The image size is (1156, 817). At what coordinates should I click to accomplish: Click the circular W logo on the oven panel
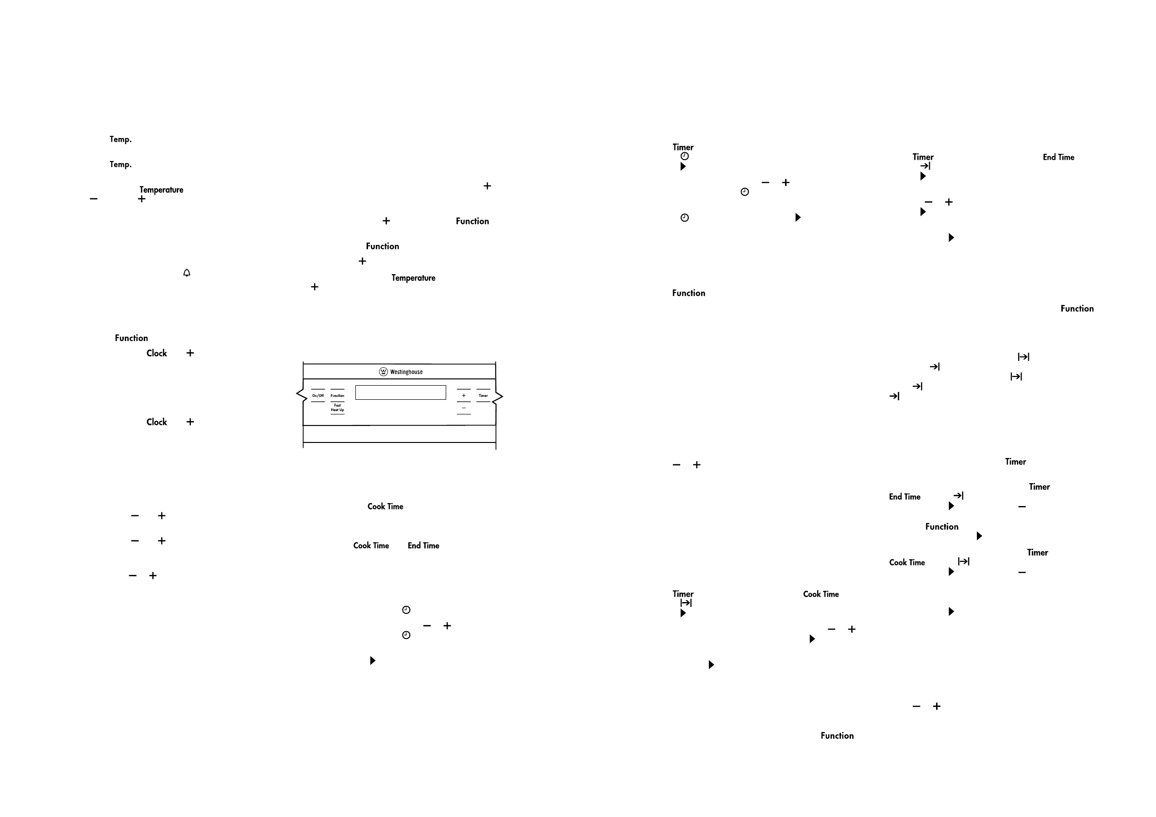[383, 372]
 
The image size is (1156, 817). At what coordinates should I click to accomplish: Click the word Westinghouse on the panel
[406, 372]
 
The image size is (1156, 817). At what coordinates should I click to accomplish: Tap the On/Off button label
[318, 395]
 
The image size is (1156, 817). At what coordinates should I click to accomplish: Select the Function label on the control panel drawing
[337, 395]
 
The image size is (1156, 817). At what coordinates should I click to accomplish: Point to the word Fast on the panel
[337, 405]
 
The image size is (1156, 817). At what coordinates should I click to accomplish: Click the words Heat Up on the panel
[337, 410]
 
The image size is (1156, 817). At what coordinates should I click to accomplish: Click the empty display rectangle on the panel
[400, 392]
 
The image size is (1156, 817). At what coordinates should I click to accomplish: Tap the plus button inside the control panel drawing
[464, 395]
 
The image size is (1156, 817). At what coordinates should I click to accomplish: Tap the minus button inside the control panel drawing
[464, 408]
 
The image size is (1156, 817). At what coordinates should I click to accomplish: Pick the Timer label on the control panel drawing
[484, 395]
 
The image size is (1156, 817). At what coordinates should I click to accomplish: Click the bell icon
[187, 273]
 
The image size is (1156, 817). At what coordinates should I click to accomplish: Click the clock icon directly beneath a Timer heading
[684, 156]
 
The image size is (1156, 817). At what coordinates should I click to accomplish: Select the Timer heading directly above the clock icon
[683, 147]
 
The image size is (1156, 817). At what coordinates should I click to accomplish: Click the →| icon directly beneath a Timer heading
[925, 166]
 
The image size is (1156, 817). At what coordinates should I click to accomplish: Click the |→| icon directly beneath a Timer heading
[686, 603]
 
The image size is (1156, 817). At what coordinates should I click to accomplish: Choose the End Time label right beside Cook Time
[423, 545]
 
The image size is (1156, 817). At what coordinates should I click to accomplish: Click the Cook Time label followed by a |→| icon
[907, 562]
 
